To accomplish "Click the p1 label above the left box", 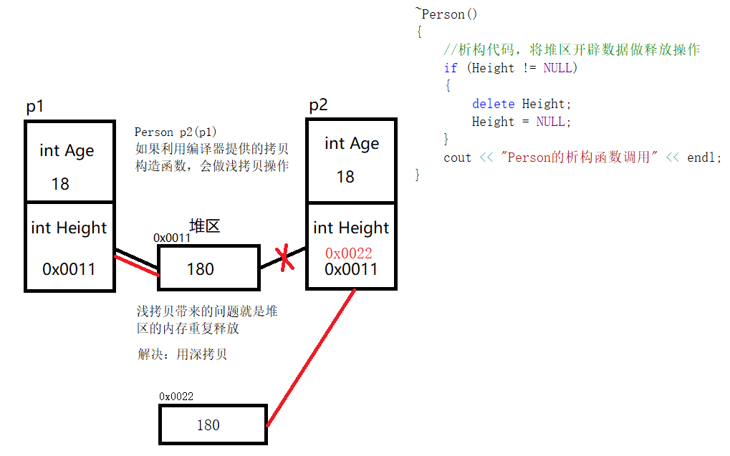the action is tap(35, 107).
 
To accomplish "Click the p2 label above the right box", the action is tap(318, 105).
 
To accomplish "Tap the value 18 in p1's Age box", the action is tap(60, 184).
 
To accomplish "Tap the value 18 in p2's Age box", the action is tap(345, 177).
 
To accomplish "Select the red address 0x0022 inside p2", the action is tap(349, 253).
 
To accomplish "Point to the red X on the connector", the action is tap(285, 258).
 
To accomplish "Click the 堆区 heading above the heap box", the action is tap(204, 226).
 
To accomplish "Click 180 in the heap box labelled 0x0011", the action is tap(201, 269).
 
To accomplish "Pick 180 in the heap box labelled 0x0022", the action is tap(208, 425).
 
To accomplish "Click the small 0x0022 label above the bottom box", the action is tap(176, 396).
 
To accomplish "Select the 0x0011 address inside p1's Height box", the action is tap(69, 269).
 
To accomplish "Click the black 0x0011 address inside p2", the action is tap(350, 270).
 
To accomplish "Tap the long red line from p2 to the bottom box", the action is tap(310, 358).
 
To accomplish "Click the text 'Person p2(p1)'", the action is tap(176, 132).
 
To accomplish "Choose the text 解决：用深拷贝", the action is tap(182, 354).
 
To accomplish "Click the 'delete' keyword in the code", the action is tap(493, 104).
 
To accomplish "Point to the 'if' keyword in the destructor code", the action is tap(450, 68).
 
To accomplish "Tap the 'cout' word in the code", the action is tap(457, 157).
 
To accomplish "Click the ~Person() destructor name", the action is tap(446, 14).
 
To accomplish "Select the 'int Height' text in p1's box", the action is tap(69, 228).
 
